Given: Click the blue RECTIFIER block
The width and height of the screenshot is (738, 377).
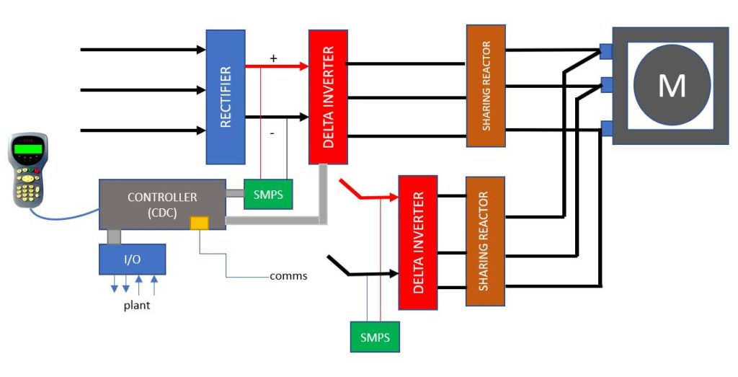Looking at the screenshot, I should [226, 97].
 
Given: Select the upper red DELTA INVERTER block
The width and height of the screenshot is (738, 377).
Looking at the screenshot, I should [328, 97].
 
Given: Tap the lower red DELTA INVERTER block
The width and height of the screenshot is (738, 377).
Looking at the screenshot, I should [418, 241].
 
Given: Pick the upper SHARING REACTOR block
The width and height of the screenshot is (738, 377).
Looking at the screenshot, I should [486, 86].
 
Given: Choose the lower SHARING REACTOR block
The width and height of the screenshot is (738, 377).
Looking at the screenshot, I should [485, 241].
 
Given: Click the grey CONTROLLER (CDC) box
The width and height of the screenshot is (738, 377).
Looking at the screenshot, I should [161, 204].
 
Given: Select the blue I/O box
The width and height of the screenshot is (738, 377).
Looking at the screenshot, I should [132, 259].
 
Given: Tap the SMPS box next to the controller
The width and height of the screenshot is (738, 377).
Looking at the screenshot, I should [268, 194].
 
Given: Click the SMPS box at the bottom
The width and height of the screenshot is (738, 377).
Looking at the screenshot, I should [375, 337].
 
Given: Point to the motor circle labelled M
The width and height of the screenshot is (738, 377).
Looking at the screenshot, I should [671, 86].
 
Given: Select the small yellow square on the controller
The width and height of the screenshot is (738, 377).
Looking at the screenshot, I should [199, 223].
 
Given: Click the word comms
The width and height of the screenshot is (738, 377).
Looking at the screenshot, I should [288, 276].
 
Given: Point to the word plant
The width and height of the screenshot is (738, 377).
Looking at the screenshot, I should [136, 305].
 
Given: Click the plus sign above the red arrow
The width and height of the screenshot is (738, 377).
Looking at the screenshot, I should [273, 57].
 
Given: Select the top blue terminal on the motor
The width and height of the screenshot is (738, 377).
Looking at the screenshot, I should [605, 50].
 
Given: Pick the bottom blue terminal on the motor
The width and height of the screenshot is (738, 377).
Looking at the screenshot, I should [605, 129].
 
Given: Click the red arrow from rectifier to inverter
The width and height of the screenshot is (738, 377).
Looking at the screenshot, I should [277, 66].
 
